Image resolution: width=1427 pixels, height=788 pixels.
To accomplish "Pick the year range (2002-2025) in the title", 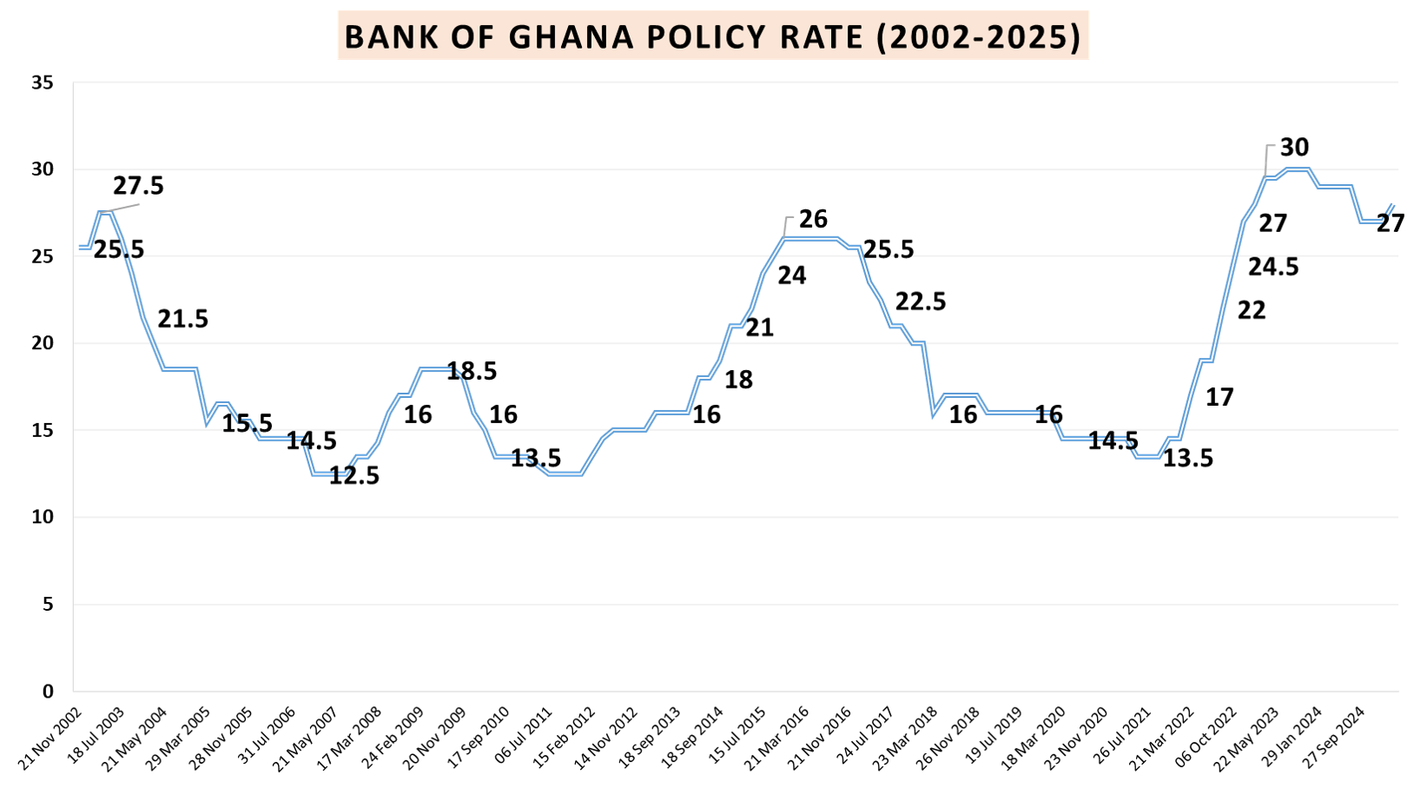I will click(x=978, y=37).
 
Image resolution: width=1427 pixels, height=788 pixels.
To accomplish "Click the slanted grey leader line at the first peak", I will click(x=122, y=207).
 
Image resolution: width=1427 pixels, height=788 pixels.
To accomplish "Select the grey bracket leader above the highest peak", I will click(x=1268, y=156).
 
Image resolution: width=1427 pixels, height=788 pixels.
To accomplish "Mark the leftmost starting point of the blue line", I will click(x=80, y=248).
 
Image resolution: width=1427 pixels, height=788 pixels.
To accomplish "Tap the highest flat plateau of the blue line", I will click(x=1297, y=169).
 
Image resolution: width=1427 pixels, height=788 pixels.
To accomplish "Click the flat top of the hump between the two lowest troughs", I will click(x=436, y=369).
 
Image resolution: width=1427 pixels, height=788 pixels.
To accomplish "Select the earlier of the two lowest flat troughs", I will click(x=329, y=473).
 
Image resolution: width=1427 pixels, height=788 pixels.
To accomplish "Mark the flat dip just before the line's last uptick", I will click(x=1371, y=221).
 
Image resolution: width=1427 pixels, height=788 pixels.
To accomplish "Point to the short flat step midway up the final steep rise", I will click(x=1206, y=360).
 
